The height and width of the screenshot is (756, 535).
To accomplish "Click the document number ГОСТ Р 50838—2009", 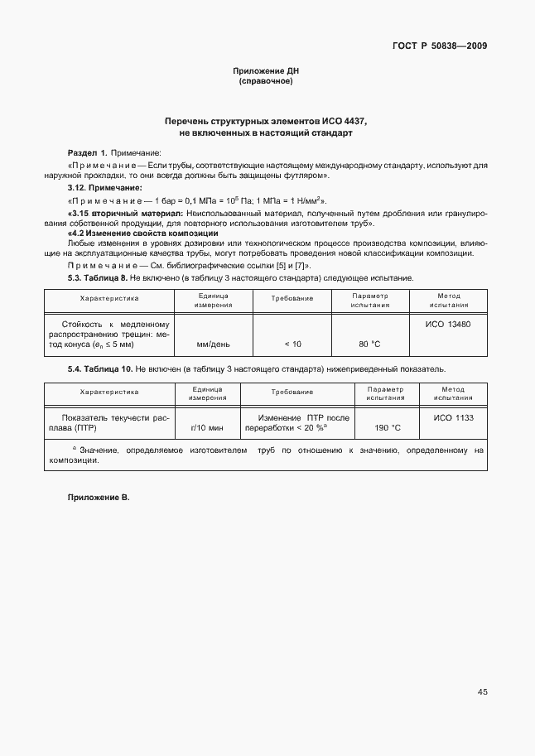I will pyautogui.click(x=440, y=46).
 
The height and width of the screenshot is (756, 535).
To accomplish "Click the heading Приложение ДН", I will pyautogui.click(x=266, y=72).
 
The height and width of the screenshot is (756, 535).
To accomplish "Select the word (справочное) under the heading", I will pyautogui.click(x=266, y=82).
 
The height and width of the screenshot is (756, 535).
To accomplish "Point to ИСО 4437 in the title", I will pyautogui.click(x=343, y=121).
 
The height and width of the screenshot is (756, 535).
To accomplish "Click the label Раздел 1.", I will pyautogui.click(x=87, y=153).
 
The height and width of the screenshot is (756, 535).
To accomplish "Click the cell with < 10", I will pyautogui.click(x=292, y=344).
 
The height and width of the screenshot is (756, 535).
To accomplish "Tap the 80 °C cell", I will pyautogui.click(x=369, y=344).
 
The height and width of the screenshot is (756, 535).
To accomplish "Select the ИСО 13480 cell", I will pyautogui.click(x=447, y=325).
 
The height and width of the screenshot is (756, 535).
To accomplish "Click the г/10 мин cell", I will pyautogui.click(x=207, y=428).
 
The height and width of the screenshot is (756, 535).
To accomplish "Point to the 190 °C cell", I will pyautogui.click(x=388, y=428).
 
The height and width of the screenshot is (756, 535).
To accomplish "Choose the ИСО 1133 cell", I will pyautogui.click(x=453, y=418).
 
